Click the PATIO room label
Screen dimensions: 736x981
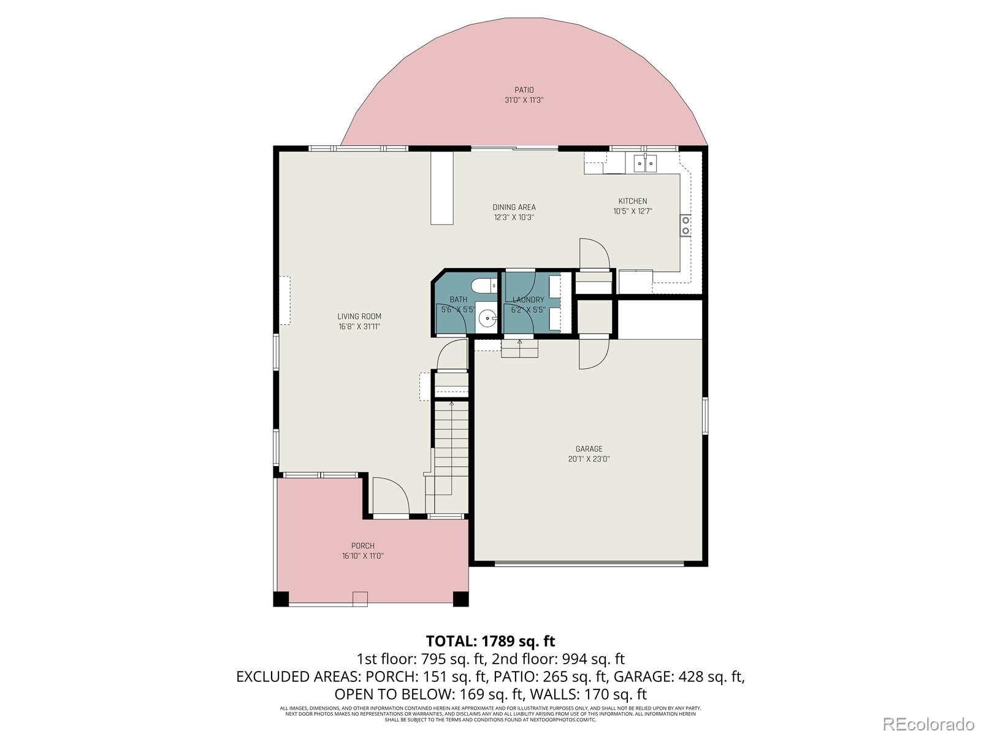[x=524, y=90]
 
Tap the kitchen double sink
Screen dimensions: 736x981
[x=645, y=163]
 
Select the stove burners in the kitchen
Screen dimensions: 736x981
[x=685, y=225]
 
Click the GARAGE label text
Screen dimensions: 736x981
[x=589, y=449]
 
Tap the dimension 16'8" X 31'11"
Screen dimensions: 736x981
[x=359, y=327]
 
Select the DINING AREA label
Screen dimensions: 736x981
[x=514, y=207]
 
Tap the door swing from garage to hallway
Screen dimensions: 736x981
[x=593, y=355]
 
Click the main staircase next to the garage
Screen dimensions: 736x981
[x=451, y=448]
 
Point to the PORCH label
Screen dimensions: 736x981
[x=362, y=546]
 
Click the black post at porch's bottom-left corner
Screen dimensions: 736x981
[x=281, y=599]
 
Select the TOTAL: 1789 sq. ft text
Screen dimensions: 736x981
[x=490, y=642]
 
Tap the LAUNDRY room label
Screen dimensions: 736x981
[x=528, y=300]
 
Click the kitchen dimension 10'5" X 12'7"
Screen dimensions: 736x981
[x=632, y=211]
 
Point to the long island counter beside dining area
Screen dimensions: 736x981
[x=441, y=188]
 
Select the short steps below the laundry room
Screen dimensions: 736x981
[x=520, y=349]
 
